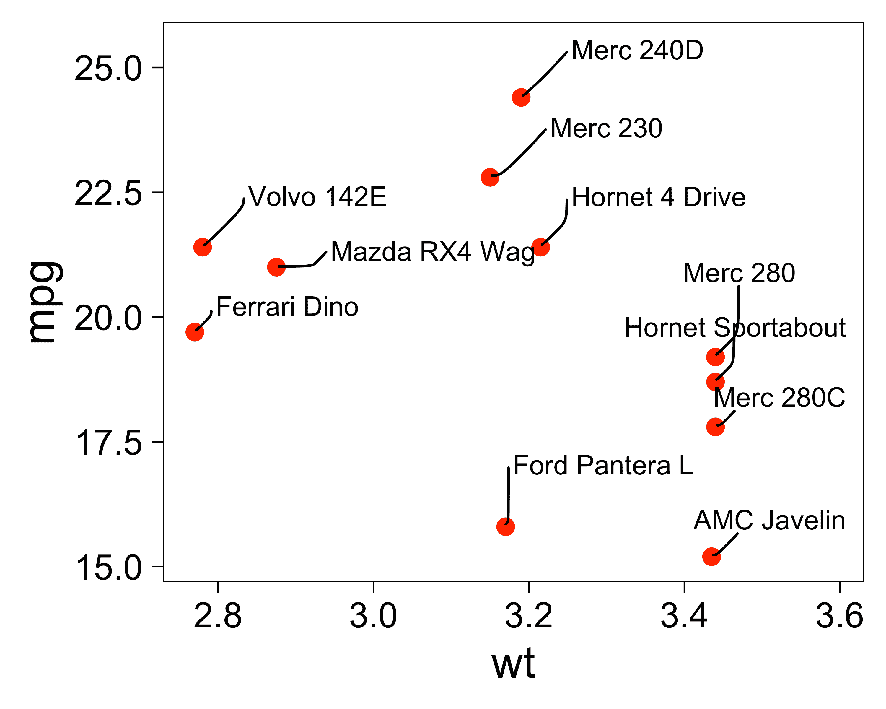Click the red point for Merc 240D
pos(521,97)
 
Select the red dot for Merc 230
pos(490,177)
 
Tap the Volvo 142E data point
pos(203,247)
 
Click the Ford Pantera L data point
pos(506,526)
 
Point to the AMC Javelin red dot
pos(712,557)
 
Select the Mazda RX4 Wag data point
pos(276,267)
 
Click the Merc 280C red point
pos(716,427)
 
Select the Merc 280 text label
pos(739,273)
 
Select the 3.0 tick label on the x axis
pos(373,616)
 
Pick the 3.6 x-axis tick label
pos(839,616)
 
